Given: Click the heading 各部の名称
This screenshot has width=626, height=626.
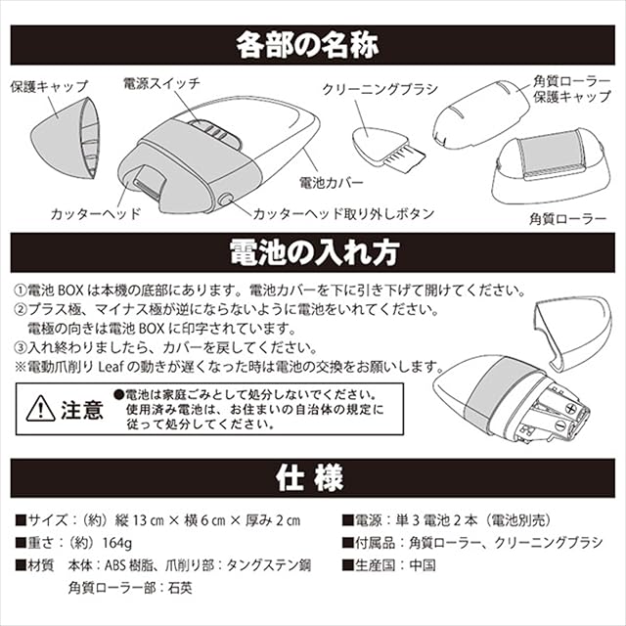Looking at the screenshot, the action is tap(307, 45).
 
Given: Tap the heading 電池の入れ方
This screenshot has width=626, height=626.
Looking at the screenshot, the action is tap(314, 252).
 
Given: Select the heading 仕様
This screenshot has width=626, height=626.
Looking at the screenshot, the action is tap(310, 478).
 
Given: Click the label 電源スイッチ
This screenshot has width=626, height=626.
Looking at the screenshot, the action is tap(161, 83).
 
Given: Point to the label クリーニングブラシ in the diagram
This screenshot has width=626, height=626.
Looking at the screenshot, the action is tap(380, 89).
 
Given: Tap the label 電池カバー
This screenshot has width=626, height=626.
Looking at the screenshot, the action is tap(332, 183).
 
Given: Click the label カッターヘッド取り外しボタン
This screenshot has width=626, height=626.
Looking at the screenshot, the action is tap(343, 214).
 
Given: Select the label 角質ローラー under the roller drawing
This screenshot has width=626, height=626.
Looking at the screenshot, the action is tap(567, 219).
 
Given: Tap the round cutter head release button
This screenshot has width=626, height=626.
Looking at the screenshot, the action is tap(226, 200).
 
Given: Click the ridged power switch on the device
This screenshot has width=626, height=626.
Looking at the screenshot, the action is tap(213, 131).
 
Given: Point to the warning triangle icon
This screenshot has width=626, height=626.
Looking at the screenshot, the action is tap(41, 409).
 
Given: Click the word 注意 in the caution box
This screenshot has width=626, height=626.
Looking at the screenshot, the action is tap(82, 410).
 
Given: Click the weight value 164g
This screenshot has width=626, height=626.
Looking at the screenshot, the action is tap(117, 543).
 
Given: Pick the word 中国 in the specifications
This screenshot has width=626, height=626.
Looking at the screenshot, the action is tap(423, 565).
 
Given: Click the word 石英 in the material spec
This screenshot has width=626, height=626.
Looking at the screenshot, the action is tap(180, 588).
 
